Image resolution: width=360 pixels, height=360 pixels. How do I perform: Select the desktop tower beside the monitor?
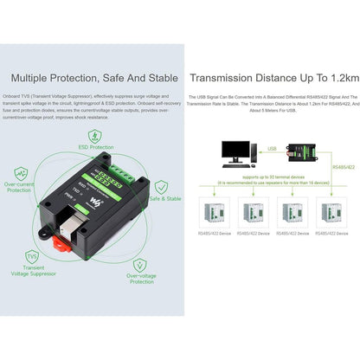click(x=256, y=153)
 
